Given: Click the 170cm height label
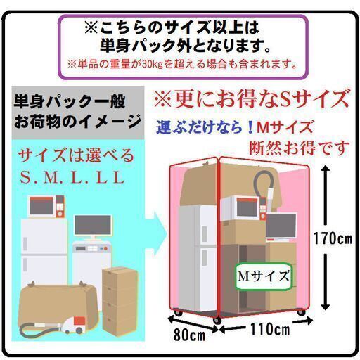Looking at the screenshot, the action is coord(333,239).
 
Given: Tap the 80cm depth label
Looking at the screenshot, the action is coord(189,335).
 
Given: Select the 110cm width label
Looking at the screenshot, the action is coord(270,329).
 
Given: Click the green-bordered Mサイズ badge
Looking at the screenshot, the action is coord(264,276).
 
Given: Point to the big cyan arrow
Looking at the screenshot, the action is coord(157,233).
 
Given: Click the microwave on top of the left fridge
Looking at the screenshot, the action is coord(46,206).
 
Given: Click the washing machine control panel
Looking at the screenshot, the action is coord(92,249).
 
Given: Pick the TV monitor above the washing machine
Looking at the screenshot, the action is coord(93,226).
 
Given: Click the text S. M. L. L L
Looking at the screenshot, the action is coord(72,177).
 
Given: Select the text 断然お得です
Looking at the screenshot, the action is coord(299,148).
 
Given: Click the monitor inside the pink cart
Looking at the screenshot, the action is coord(281,227).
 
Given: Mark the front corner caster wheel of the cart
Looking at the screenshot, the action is coord(217,321).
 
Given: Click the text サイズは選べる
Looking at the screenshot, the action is coord(76,155).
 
